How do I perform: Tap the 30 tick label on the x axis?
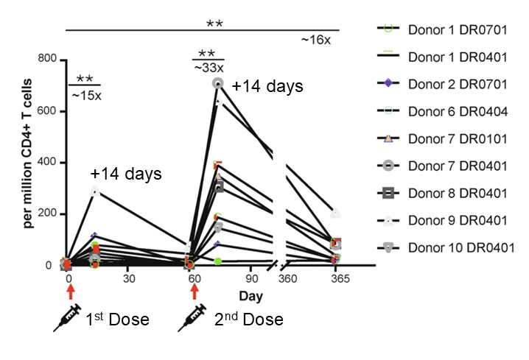129,280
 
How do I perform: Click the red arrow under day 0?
69,292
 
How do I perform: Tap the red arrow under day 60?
195,292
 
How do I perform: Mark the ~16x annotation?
316,40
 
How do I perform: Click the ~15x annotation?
84,93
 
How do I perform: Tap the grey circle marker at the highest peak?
217,83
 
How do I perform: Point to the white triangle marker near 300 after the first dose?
95,191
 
